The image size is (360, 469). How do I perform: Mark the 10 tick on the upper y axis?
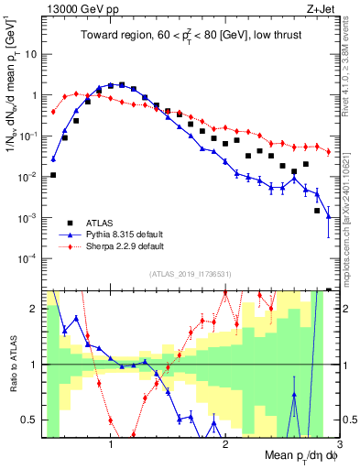tap(34, 54)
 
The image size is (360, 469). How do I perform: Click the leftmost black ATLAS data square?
tap(53, 175)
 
